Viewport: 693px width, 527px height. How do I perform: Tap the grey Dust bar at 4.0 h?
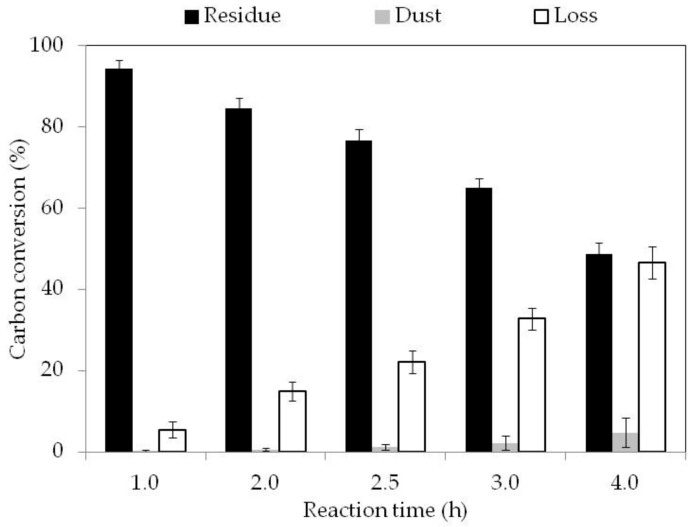(625, 443)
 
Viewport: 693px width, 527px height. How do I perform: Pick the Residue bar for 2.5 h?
(359, 296)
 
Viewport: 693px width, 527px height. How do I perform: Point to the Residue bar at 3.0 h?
(478, 320)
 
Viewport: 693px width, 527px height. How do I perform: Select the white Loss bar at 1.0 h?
(172, 441)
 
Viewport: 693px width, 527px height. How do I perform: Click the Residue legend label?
(242, 16)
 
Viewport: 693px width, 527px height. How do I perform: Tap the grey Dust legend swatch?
(382, 17)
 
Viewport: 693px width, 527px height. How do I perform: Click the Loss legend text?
(576, 16)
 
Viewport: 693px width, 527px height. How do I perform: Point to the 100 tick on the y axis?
(46, 46)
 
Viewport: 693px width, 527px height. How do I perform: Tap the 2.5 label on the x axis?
(385, 483)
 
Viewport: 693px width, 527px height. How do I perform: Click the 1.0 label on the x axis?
(144, 483)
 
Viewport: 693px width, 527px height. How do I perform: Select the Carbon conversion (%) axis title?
(18, 250)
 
